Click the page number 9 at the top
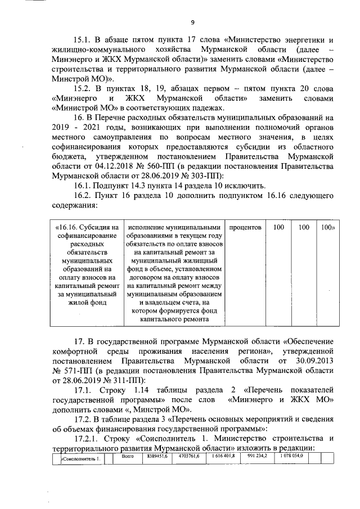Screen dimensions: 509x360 pos(192,22)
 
